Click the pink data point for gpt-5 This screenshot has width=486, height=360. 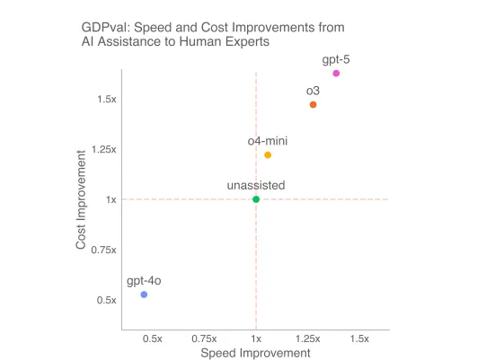[336, 74]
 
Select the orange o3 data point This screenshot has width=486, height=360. [313, 105]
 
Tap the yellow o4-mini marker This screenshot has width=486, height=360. [268, 155]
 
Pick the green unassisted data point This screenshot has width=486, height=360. [256, 199]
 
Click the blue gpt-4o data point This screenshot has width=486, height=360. [144, 294]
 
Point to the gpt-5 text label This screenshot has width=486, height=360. [337, 59]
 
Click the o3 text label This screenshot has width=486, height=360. [313, 91]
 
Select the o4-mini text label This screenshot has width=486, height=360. [267, 141]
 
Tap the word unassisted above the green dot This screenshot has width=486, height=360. [256, 185]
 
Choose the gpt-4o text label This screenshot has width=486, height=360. [144, 281]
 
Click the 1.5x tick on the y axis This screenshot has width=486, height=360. [107, 99]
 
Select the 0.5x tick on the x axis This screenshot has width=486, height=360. [152, 338]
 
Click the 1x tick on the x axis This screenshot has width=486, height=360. [256, 338]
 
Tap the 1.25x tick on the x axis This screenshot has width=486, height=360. [308, 338]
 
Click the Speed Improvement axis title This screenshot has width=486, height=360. [255, 352]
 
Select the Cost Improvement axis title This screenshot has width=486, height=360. [81, 199]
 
